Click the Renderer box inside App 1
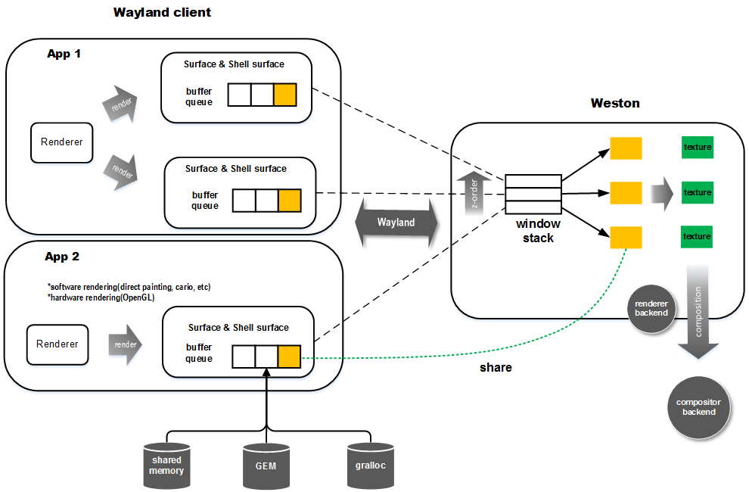61,142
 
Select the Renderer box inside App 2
57,344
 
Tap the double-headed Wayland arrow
396,223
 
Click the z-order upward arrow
474,193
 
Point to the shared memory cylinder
166,466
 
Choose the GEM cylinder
266,466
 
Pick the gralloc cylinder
371,466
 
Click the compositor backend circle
699,407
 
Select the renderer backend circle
651,308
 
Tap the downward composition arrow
698,312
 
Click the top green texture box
698,148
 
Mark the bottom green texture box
697,237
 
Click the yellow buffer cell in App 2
289,357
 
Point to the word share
496,368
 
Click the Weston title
615,103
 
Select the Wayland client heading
162,12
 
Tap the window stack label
538,231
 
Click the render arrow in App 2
125,344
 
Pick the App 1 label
64,54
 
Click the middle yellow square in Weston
626,193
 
